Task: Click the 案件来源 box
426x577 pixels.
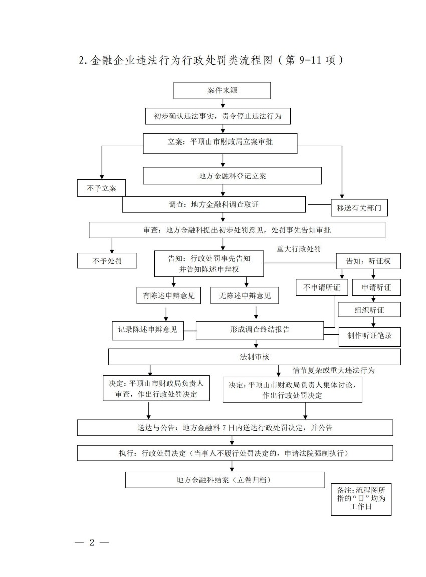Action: (222, 91)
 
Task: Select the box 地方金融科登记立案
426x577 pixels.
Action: (232, 176)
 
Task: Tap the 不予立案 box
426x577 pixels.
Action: (101, 188)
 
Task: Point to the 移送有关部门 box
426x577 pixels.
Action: (359, 208)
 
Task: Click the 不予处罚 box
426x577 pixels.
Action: (107, 261)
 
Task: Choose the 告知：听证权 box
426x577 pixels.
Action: (368, 261)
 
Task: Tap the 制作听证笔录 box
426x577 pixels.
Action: (370, 336)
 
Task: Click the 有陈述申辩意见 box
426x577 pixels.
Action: (168, 296)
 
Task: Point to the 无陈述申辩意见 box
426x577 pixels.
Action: (245, 296)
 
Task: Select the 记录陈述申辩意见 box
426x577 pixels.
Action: (147, 330)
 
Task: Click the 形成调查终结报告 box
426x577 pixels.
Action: (260, 330)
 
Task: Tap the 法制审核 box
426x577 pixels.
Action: (255, 357)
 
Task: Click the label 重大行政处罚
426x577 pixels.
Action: (298, 248)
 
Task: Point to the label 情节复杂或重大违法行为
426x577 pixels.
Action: (334, 371)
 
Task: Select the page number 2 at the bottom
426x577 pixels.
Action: (92, 542)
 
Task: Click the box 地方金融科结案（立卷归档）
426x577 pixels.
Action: (225, 480)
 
